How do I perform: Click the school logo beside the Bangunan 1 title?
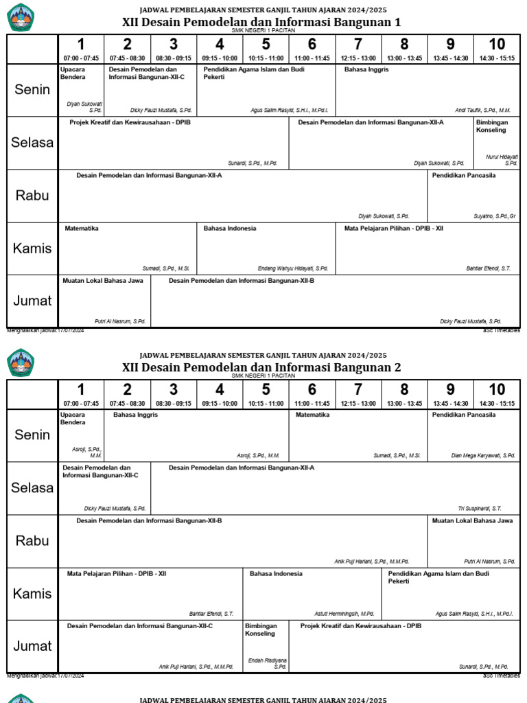(20, 17)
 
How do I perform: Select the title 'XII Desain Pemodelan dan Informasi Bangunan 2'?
(261, 367)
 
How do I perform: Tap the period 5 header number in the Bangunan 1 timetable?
(266, 45)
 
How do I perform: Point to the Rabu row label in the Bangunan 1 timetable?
(32, 195)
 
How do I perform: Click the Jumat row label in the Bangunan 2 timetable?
(32, 646)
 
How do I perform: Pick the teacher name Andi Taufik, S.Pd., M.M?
(482, 110)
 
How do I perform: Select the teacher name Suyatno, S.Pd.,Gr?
(494, 216)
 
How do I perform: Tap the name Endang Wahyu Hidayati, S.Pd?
(292, 268)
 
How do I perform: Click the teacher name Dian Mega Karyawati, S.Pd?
(483, 455)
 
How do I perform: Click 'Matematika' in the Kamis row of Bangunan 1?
(82, 229)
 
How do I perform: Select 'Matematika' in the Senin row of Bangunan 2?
(313, 415)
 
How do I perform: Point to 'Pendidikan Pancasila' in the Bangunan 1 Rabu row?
(464, 176)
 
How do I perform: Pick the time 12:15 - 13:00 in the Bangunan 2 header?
(358, 404)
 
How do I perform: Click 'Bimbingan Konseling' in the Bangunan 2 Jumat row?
(261, 630)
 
